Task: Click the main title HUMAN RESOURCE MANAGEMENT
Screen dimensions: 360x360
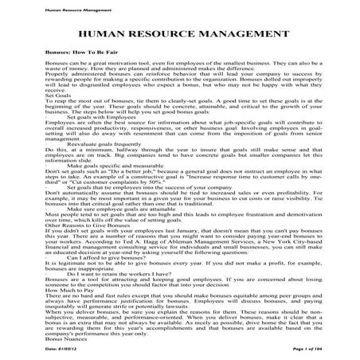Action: click(x=179, y=36)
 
